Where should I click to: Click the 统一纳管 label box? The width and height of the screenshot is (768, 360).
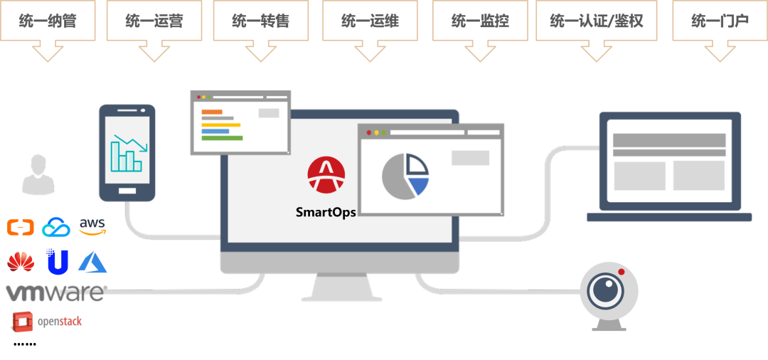tap(48, 21)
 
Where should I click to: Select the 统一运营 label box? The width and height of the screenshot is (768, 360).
tap(154, 21)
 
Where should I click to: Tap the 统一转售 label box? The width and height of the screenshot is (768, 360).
tap(260, 21)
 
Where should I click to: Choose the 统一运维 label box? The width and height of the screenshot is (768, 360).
tap(370, 21)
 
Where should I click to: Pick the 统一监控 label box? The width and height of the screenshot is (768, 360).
tap(480, 21)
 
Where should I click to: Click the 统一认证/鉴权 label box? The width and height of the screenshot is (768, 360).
tap(596, 21)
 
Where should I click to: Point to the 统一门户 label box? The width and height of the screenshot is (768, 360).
tap(720, 21)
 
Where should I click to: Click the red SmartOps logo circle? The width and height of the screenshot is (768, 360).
tap(326, 175)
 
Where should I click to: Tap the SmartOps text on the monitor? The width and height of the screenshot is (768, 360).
tap(326, 212)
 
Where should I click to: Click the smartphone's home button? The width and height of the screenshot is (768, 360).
tap(127, 191)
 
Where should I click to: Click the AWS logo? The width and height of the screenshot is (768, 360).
tap(92, 227)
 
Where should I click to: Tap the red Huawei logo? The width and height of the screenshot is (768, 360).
tap(21, 262)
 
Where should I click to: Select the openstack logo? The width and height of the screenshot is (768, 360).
tap(46, 321)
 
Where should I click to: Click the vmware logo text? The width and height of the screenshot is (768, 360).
tap(55, 292)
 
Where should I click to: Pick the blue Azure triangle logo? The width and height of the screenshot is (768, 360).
tap(92, 263)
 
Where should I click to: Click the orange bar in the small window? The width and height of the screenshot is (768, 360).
tap(212, 112)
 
